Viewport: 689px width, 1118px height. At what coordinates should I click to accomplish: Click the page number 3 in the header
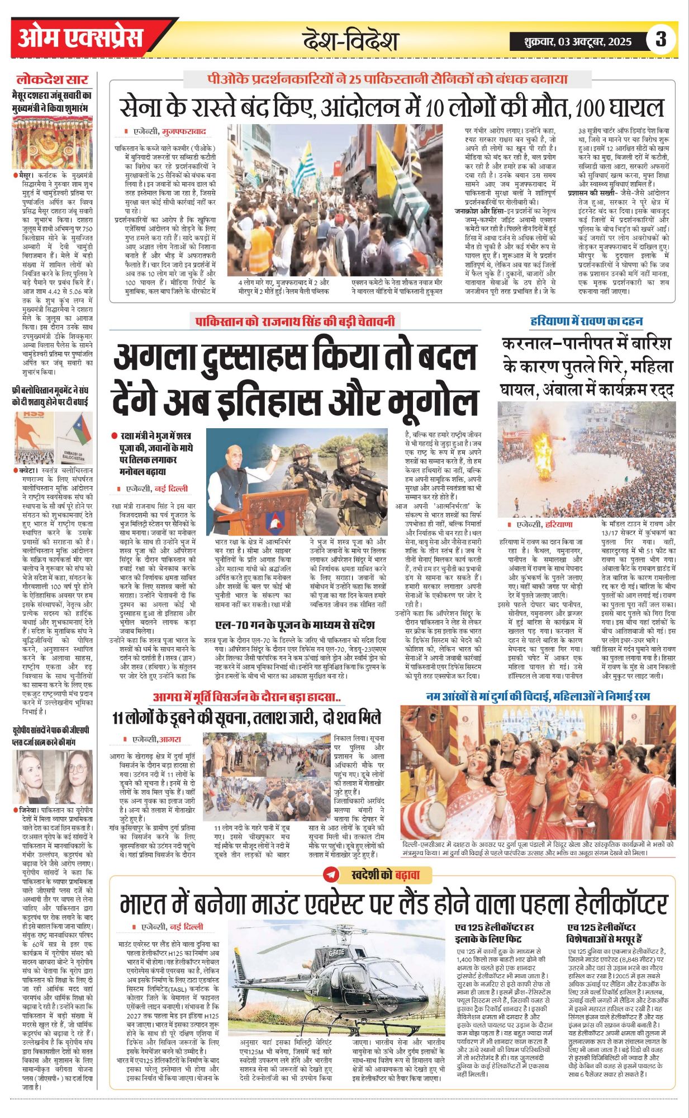pos(661,40)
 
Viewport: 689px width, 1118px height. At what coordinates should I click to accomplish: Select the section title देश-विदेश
pos(350,40)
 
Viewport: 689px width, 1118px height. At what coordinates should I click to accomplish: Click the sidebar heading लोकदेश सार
pos(52,79)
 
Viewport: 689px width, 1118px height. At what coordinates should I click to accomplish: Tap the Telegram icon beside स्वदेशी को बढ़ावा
pos(331,875)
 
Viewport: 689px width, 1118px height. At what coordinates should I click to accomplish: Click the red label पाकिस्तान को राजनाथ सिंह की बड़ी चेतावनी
pos(295,321)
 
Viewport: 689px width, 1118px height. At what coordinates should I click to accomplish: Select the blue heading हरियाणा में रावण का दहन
pos(586,321)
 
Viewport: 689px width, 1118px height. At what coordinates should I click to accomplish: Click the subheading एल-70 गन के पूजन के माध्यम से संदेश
pos(294,624)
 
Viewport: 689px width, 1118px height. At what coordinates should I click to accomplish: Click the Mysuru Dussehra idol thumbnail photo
pos(53,143)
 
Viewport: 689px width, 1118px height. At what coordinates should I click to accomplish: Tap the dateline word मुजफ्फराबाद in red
pos(184,132)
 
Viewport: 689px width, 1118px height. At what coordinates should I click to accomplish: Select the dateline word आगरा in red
pos(170,739)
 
